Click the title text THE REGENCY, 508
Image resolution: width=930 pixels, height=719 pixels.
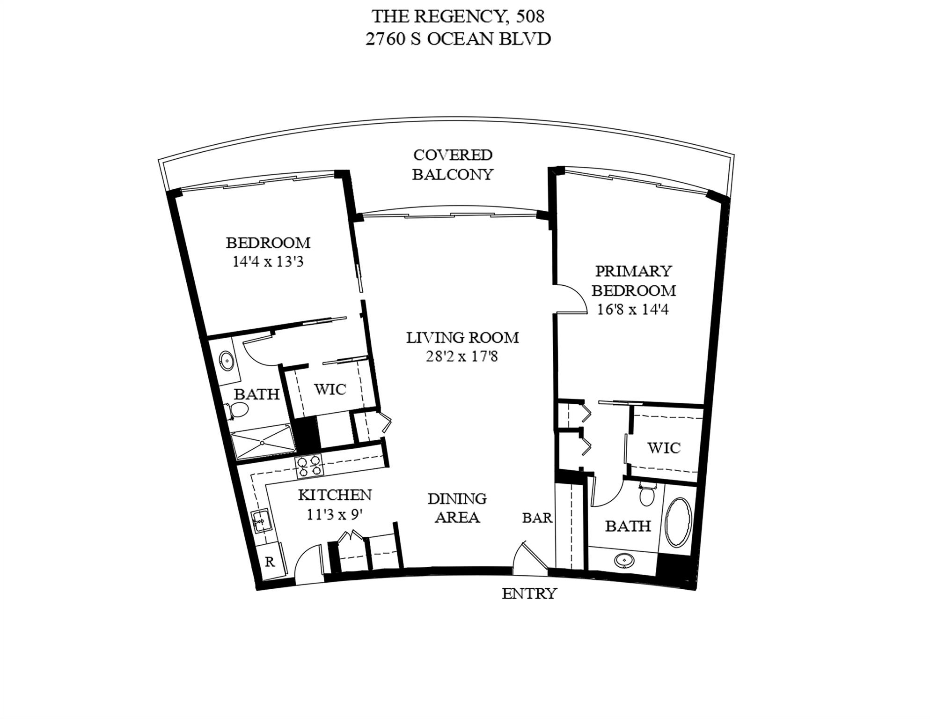(x=458, y=17)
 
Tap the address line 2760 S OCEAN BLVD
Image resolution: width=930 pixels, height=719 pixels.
(x=458, y=39)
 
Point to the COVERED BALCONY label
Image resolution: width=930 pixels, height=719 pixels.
(x=453, y=164)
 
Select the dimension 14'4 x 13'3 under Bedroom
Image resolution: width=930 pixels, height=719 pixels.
(x=268, y=261)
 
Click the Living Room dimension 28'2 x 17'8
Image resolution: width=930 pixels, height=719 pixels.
(x=461, y=357)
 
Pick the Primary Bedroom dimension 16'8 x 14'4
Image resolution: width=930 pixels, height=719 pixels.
(x=633, y=310)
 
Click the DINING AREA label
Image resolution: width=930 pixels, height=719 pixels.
(x=457, y=508)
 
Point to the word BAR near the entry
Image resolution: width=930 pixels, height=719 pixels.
(x=537, y=518)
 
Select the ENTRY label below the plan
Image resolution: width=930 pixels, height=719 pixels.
(x=529, y=594)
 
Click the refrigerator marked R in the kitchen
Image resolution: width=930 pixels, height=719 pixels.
(x=270, y=562)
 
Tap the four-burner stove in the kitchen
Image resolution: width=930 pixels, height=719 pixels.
(x=309, y=467)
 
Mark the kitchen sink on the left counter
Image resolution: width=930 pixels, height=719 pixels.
(x=260, y=521)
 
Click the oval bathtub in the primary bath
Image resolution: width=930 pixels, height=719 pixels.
(x=678, y=523)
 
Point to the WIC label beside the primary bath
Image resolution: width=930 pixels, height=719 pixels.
(x=664, y=448)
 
